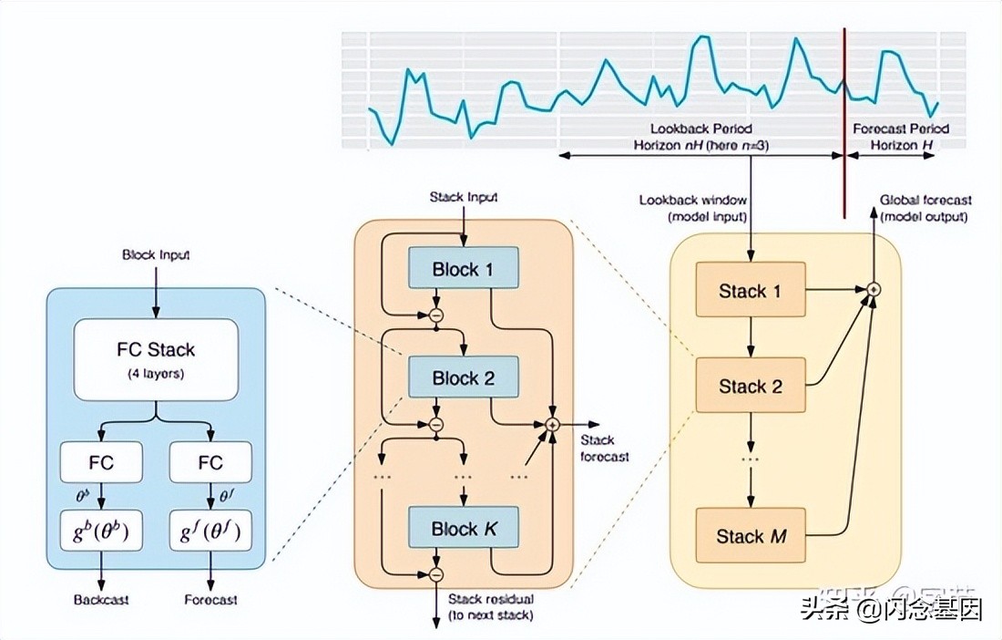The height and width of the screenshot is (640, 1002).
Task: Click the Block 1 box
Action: [x=463, y=269]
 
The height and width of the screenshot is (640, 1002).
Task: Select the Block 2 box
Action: [x=463, y=378]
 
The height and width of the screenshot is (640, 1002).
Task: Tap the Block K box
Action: [x=463, y=529]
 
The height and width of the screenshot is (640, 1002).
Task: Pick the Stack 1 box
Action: [x=751, y=291]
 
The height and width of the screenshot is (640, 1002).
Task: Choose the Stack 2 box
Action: [x=751, y=386]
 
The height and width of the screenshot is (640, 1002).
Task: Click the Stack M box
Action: [x=751, y=535]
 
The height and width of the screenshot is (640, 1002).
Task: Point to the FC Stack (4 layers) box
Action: [x=155, y=358]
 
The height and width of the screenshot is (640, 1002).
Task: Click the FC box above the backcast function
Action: [x=101, y=462]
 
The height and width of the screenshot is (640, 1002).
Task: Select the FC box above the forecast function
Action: [x=210, y=462]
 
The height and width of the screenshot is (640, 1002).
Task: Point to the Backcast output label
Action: [x=101, y=599]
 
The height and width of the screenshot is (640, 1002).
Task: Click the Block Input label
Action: [x=156, y=255]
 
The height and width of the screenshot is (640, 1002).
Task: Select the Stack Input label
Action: [x=464, y=197]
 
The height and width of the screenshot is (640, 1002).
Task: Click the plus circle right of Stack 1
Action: [x=874, y=289]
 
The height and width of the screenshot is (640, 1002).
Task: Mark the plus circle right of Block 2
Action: [x=552, y=424]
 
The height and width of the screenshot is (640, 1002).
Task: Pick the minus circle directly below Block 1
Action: [x=435, y=315]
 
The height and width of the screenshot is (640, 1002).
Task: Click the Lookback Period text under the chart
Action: [x=700, y=129]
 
